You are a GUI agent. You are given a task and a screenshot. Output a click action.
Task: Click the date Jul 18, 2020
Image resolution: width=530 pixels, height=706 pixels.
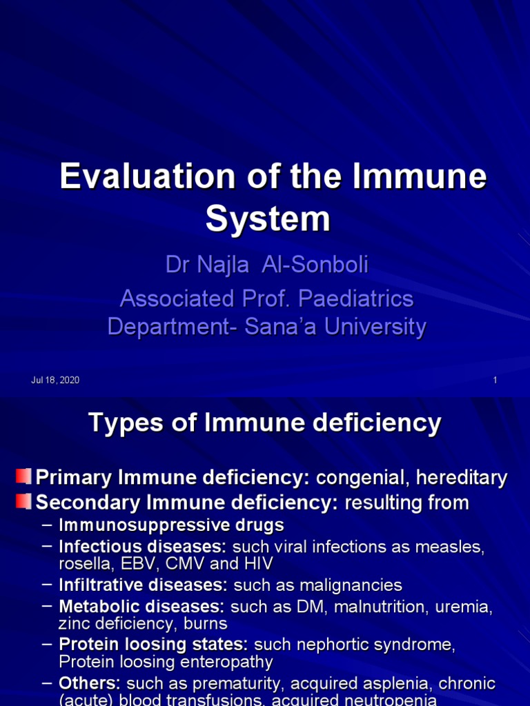point(55,381)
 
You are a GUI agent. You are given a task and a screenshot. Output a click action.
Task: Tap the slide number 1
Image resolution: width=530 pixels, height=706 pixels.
point(495,381)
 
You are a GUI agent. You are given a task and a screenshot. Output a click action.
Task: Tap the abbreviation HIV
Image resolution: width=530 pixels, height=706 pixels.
point(258,564)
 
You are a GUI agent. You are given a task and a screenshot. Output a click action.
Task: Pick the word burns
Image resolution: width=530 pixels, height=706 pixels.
point(206,625)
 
